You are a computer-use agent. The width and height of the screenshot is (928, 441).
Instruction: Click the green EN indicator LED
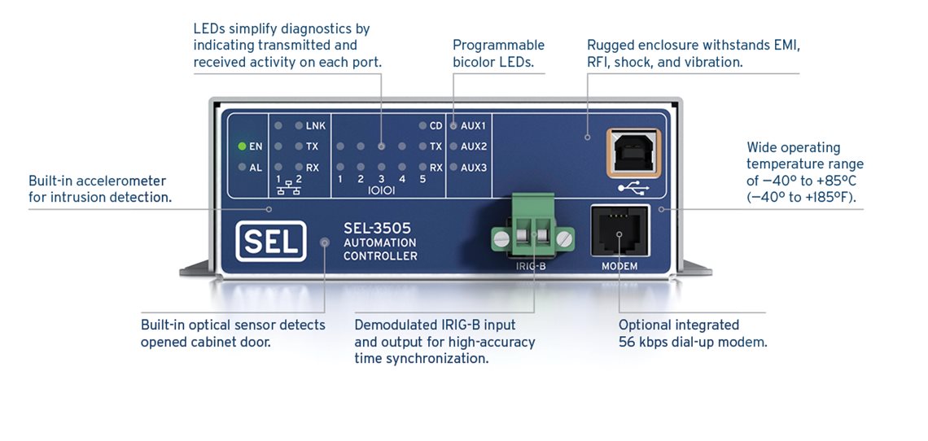point(242,147)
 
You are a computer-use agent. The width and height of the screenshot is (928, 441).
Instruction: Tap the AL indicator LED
point(242,168)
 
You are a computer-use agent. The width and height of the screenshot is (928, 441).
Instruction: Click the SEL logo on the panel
point(271,241)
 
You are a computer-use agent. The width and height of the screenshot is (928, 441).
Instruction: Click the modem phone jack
point(619,233)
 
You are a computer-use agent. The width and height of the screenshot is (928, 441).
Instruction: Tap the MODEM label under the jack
point(619,267)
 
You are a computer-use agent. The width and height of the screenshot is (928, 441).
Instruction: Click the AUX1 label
point(473,126)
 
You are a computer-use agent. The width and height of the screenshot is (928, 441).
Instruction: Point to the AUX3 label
point(473,168)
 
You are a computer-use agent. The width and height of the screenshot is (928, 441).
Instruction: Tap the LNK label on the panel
point(316,126)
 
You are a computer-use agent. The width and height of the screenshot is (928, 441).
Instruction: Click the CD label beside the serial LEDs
point(436,126)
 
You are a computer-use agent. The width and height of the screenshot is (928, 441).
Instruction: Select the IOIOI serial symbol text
point(381,192)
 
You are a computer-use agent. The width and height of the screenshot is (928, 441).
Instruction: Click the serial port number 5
point(422,179)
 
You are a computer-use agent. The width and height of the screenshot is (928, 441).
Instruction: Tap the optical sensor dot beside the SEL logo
point(325,242)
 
